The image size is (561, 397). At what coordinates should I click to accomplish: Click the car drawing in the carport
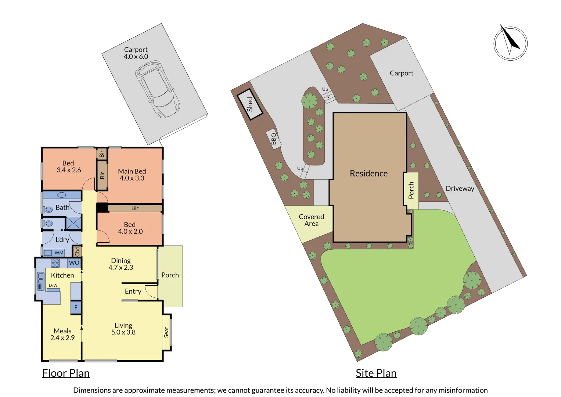[157, 89]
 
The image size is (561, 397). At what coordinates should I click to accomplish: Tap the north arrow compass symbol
[510, 43]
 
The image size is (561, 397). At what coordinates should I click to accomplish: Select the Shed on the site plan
[250, 104]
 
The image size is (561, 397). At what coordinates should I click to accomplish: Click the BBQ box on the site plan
[273, 139]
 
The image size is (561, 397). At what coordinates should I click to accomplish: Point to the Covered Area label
[311, 220]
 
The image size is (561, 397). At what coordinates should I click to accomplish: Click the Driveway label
[460, 189]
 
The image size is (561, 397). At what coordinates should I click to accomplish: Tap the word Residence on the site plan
[368, 174]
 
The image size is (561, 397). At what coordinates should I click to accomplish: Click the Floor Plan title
[66, 373]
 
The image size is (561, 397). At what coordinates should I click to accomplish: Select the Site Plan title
[376, 373]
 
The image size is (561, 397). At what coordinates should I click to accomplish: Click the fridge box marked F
[76, 308]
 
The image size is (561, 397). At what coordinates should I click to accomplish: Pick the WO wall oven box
[74, 263]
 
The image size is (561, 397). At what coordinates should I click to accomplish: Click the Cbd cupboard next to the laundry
[77, 251]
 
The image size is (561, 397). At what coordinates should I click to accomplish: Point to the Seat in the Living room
[166, 332]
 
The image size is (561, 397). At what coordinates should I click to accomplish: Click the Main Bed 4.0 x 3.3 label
[132, 175]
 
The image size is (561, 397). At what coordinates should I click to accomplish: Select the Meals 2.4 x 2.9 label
[62, 335]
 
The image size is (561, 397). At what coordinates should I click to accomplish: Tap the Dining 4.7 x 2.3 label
[121, 264]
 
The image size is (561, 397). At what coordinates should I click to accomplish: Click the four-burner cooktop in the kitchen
[55, 263]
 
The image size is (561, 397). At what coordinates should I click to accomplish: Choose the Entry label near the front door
[133, 292]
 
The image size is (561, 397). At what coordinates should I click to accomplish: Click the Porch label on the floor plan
[170, 275]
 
